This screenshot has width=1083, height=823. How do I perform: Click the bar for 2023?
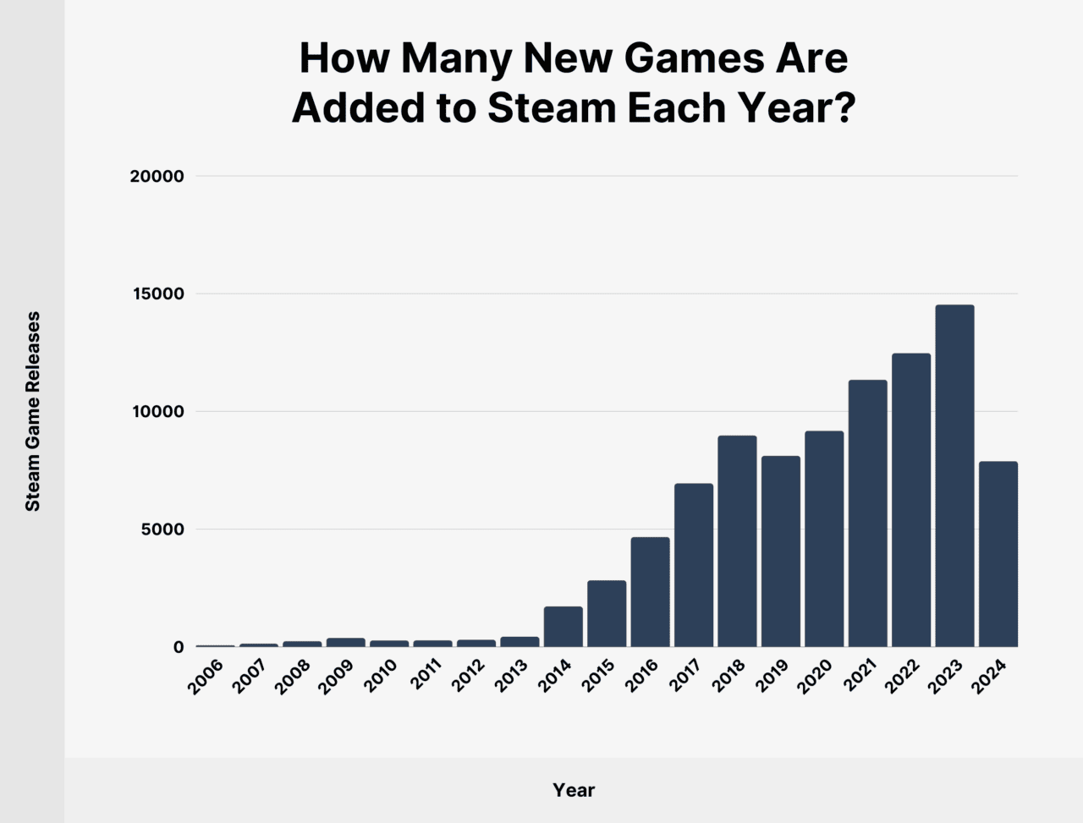coord(954,475)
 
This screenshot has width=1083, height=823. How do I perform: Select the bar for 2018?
coord(737,541)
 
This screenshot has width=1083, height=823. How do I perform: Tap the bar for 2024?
coord(998,554)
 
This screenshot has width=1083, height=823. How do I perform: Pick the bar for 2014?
coord(563,627)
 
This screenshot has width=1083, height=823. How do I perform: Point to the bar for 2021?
coord(868,513)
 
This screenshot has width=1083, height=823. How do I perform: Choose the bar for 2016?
coord(650,592)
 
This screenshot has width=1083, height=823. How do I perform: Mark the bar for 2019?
coord(781,551)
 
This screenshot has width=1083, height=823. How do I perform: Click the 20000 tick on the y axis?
coord(157,177)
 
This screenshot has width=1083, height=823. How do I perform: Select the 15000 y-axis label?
coord(157,294)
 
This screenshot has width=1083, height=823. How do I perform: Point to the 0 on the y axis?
coord(178,647)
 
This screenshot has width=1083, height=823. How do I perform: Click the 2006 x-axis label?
coord(206,677)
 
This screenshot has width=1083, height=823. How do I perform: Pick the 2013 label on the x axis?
coord(511,677)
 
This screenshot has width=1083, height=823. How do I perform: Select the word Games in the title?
coord(682,58)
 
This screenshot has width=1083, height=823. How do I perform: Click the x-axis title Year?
coord(574,790)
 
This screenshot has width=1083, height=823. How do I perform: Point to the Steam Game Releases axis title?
coord(33,411)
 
